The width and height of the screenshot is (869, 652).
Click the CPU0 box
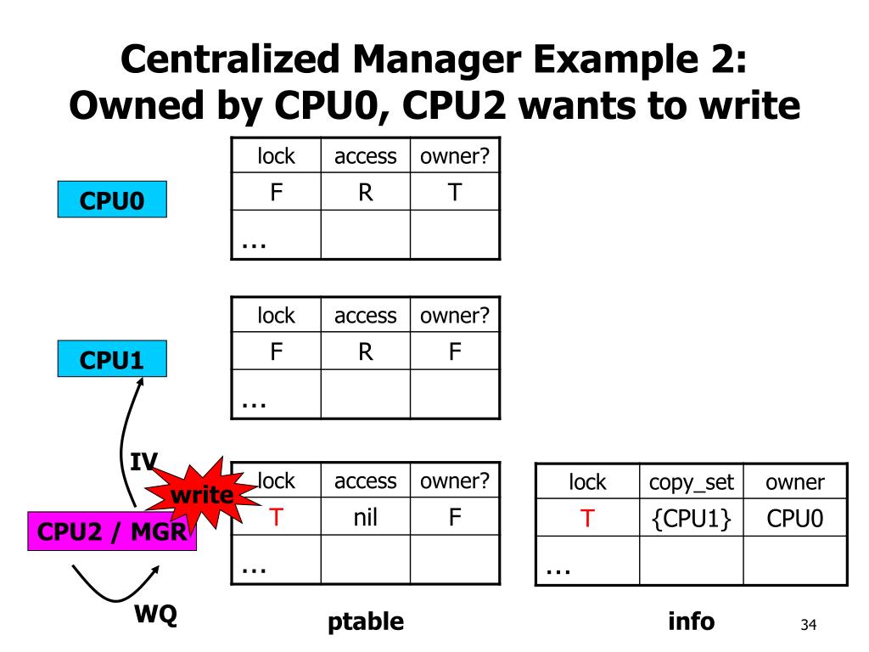112,201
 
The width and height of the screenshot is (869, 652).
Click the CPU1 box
112,360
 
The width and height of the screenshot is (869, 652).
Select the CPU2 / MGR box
112,533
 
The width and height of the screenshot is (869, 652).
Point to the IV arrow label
143,462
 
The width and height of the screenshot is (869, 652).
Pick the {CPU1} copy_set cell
691,518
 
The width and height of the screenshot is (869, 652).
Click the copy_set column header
691,483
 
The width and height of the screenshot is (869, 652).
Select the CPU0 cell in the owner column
794,518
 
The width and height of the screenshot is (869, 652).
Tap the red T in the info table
586,518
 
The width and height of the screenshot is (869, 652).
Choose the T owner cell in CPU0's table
455,192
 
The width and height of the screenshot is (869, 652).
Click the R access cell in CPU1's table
365,351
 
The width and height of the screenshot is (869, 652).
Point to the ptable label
366,622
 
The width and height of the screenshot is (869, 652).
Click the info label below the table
692,621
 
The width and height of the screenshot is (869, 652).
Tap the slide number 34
808,626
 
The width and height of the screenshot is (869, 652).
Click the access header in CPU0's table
365,156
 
